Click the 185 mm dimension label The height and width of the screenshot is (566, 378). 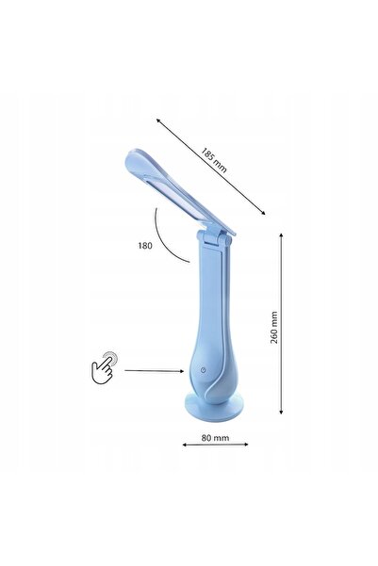[214, 160]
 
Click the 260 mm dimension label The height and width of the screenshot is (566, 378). [274, 327]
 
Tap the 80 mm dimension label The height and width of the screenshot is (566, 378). [215, 438]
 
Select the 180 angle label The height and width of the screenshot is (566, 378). [144, 246]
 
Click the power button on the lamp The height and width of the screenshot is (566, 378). [204, 370]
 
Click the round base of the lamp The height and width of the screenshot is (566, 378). [214, 407]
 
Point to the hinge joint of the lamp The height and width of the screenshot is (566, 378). [214, 238]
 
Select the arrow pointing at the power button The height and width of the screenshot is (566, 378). [155, 371]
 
